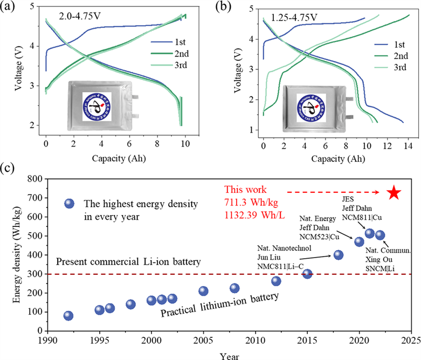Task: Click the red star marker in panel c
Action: click(x=394, y=192)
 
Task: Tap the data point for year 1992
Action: click(x=68, y=316)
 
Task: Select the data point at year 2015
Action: click(x=307, y=273)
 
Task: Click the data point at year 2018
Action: click(x=339, y=255)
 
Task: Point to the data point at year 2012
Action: click(x=276, y=281)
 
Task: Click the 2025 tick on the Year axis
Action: click(x=411, y=342)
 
